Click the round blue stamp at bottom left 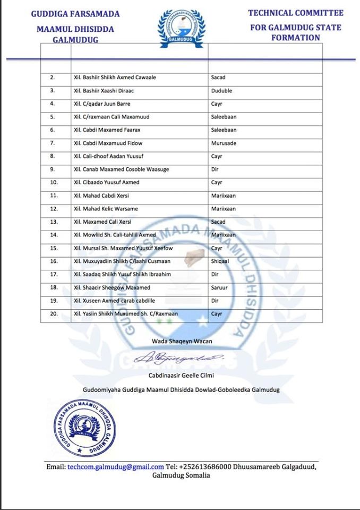[x=81, y=426]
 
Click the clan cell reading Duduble [x=222, y=91]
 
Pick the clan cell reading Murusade [x=224, y=143]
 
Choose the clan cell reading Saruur [x=220, y=287]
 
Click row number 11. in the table [x=53, y=195]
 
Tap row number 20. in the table [x=53, y=313]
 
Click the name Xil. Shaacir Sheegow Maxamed [x=112, y=287]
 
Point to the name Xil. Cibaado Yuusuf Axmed [x=107, y=182]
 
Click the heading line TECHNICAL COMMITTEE [x=296, y=13]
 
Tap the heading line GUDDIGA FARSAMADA [x=75, y=14]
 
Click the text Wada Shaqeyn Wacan [x=182, y=341]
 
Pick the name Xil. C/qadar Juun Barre [x=102, y=104]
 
